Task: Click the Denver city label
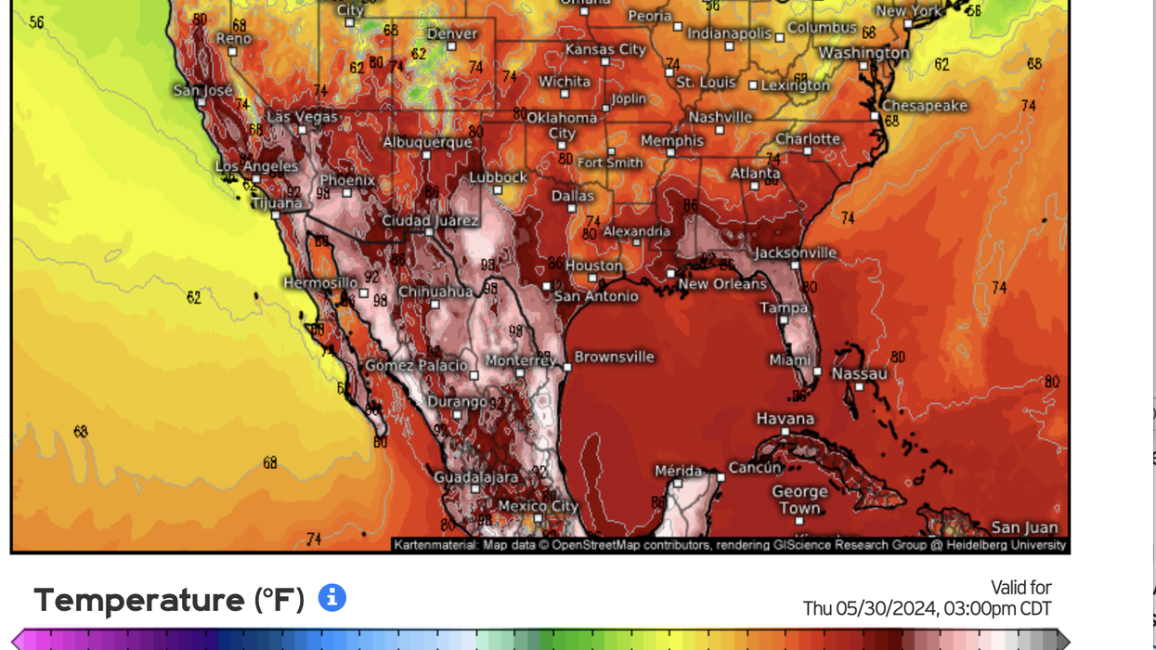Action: (451, 33)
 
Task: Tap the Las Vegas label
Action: (303, 117)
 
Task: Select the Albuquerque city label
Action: (427, 143)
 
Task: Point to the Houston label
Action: (594, 266)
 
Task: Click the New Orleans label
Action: (722, 284)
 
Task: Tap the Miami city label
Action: (790, 359)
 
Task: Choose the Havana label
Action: (785, 419)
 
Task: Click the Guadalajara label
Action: (475, 477)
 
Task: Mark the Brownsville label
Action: (614, 357)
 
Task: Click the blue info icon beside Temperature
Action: (332, 598)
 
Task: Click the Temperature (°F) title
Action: (169, 600)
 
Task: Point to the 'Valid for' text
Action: (1020, 588)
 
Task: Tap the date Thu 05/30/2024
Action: (870, 609)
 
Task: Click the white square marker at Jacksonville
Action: (796, 266)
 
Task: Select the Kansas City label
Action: (605, 49)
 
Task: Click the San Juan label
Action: (1024, 527)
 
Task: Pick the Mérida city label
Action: (678, 471)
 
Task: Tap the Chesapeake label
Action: (924, 106)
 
